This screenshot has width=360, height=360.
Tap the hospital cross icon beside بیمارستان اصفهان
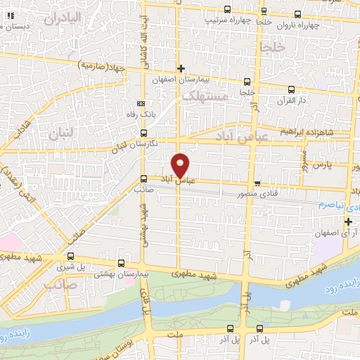[181, 69]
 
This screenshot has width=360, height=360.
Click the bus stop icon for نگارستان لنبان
[143, 133]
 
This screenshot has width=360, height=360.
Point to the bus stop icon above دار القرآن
[291, 89]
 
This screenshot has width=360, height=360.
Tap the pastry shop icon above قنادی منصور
[257, 182]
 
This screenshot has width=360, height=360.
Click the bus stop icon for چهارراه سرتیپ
[226, 10]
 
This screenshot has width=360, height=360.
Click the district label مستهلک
[204, 98]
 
